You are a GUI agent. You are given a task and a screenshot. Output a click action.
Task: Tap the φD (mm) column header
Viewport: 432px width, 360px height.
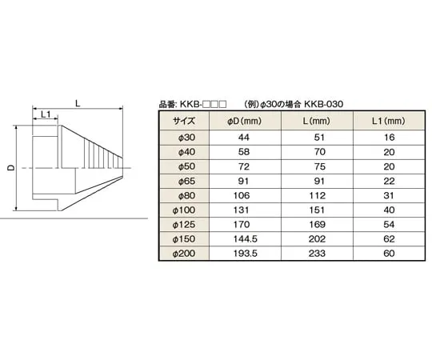pos(245,121)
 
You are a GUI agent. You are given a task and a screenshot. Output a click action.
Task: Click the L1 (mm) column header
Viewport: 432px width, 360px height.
pos(388,121)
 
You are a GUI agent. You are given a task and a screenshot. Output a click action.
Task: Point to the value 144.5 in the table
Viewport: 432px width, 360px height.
pos(245,238)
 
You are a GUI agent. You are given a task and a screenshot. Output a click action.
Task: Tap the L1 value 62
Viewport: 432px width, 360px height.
pos(388,238)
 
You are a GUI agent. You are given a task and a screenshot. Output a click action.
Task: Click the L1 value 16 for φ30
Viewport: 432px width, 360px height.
pos(388,137)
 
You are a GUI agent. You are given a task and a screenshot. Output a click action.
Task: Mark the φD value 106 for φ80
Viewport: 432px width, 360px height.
pos(245,195)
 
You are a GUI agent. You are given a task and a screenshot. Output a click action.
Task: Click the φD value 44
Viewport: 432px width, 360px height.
pos(245,137)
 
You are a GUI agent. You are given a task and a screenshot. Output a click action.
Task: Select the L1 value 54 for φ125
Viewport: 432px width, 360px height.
pos(388,224)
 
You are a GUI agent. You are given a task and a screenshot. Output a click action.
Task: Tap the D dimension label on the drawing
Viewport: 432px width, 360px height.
pos(10,168)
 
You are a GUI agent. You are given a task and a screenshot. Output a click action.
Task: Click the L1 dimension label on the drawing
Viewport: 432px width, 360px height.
pos(46,115)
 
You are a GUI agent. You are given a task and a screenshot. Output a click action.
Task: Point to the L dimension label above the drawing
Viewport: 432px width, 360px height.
pos(76,102)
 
